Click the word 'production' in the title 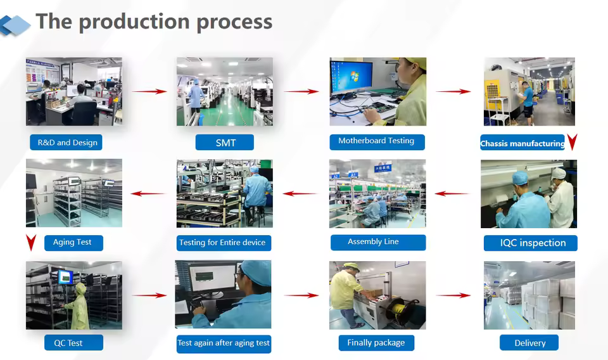tap(134, 22)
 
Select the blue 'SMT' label tap(224, 143)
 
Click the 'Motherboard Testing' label tap(377, 142)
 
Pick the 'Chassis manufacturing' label tap(522, 143)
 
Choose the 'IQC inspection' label tap(531, 243)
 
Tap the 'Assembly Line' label tap(378, 243)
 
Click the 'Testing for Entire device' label tap(224, 243)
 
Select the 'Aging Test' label tap(73, 243)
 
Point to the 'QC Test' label tap(73, 342)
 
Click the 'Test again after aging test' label tap(224, 344)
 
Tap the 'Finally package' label tap(376, 343)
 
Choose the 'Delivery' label tap(529, 342)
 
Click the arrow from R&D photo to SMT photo tap(149, 91)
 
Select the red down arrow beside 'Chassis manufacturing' tap(573, 142)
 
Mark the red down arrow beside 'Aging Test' tap(32, 243)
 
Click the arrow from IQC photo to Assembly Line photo tap(452, 193)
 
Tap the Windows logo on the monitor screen tap(354, 76)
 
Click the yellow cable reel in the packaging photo tap(398, 309)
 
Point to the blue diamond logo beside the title tap(15, 25)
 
